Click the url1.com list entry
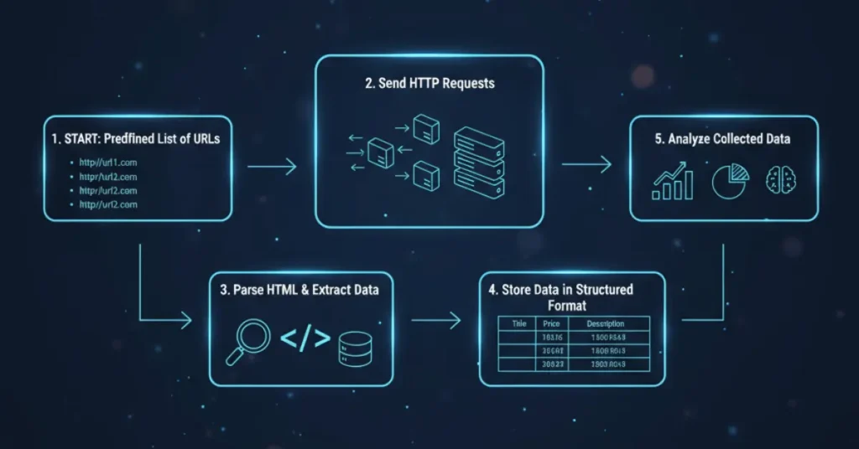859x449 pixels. (x=108, y=163)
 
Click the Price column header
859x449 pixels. (x=550, y=324)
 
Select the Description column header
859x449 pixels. (x=605, y=324)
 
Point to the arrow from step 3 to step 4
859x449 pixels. (x=436, y=319)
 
